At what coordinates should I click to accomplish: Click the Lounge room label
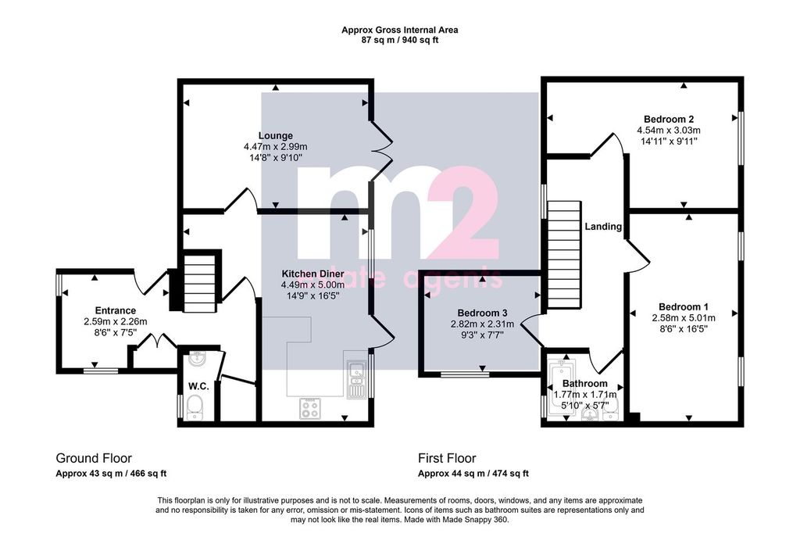tap(276, 136)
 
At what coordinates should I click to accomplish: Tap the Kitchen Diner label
tap(312, 274)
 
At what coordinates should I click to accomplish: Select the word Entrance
tap(116, 310)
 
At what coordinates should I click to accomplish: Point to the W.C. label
tap(198, 386)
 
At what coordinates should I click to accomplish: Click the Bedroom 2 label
tap(669, 120)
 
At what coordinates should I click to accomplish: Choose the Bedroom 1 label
tap(683, 306)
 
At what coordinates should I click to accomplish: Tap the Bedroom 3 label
tap(482, 313)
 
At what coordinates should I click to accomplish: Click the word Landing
tap(603, 226)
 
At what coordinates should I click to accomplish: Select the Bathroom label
tap(584, 383)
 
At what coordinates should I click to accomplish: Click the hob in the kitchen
tap(309, 408)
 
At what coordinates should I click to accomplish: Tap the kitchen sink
tap(355, 379)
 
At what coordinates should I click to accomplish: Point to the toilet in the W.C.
tap(195, 409)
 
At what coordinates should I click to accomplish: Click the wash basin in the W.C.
tap(197, 358)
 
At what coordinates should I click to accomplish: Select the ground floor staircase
tap(199, 283)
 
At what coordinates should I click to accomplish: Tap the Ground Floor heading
tap(94, 458)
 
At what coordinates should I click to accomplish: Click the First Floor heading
tap(447, 458)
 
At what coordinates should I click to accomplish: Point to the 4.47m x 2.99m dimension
tap(276, 147)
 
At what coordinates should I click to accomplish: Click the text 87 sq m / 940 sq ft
tap(400, 40)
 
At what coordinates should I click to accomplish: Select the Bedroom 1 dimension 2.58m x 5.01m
tap(683, 318)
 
